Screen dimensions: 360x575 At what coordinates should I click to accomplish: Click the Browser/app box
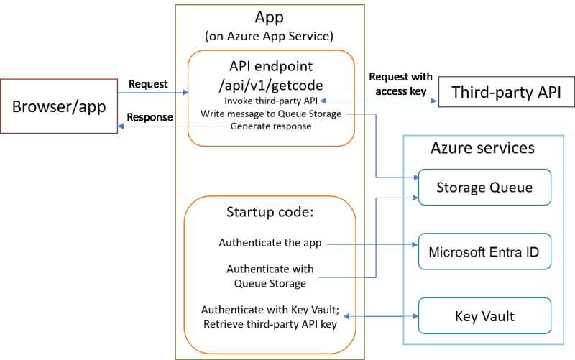click(x=59, y=106)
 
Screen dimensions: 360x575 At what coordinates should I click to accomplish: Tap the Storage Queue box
click(x=484, y=188)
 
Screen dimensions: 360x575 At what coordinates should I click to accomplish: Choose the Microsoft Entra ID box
click(x=484, y=252)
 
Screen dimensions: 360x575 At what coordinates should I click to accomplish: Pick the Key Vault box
click(x=484, y=316)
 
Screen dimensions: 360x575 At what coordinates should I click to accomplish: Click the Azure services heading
click(x=482, y=148)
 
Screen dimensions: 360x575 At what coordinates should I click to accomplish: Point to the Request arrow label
click(x=148, y=84)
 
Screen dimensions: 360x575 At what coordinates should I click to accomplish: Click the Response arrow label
click(x=150, y=117)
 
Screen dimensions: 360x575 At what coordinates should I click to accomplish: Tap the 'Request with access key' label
click(x=397, y=84)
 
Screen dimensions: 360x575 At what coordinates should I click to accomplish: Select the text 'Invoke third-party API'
click(x=271, y=101)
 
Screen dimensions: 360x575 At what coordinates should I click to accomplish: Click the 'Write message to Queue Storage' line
click(x=271, y=114)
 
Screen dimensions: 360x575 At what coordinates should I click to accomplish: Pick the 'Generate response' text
click(x=271, y=126)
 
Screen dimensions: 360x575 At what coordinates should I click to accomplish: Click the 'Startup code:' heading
click(x=270, y=212)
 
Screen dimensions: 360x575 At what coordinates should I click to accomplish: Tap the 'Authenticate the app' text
click(x=270, y=243)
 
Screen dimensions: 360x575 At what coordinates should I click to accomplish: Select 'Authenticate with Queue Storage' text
click(x=270, y=276)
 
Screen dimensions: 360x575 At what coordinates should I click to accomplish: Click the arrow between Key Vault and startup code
click(x=382, y=316)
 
